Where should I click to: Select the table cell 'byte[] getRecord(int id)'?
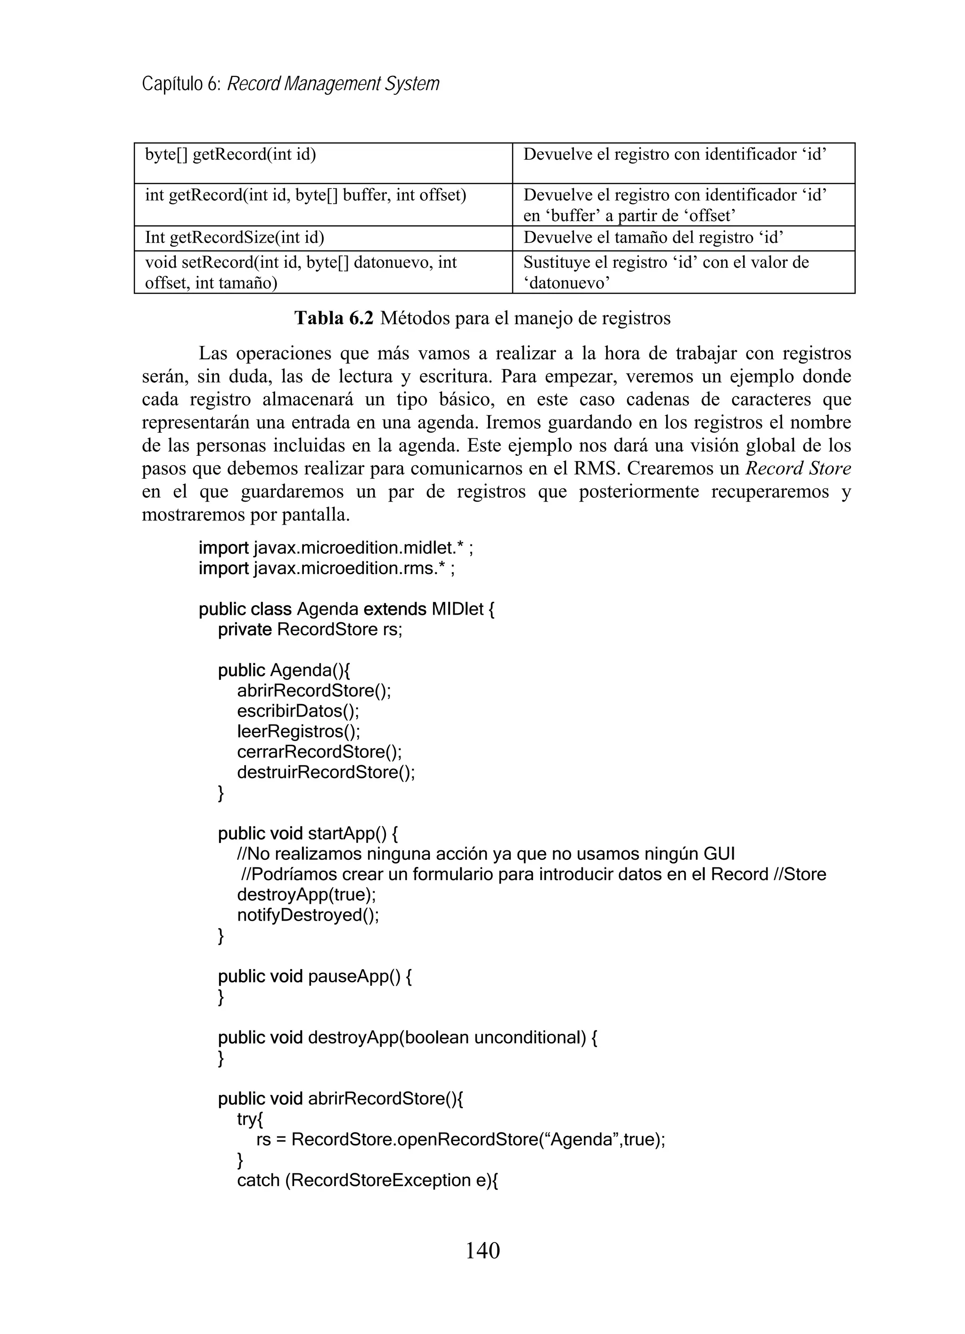point(230,155)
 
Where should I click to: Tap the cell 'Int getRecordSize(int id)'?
point(235,238)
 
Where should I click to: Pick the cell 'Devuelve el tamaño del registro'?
point(653,238)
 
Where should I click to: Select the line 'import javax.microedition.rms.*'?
point(327,569)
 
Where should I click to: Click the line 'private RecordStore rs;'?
point(310,629)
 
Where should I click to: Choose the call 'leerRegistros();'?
point(298,731)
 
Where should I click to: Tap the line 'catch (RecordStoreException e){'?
point(368,1180)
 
